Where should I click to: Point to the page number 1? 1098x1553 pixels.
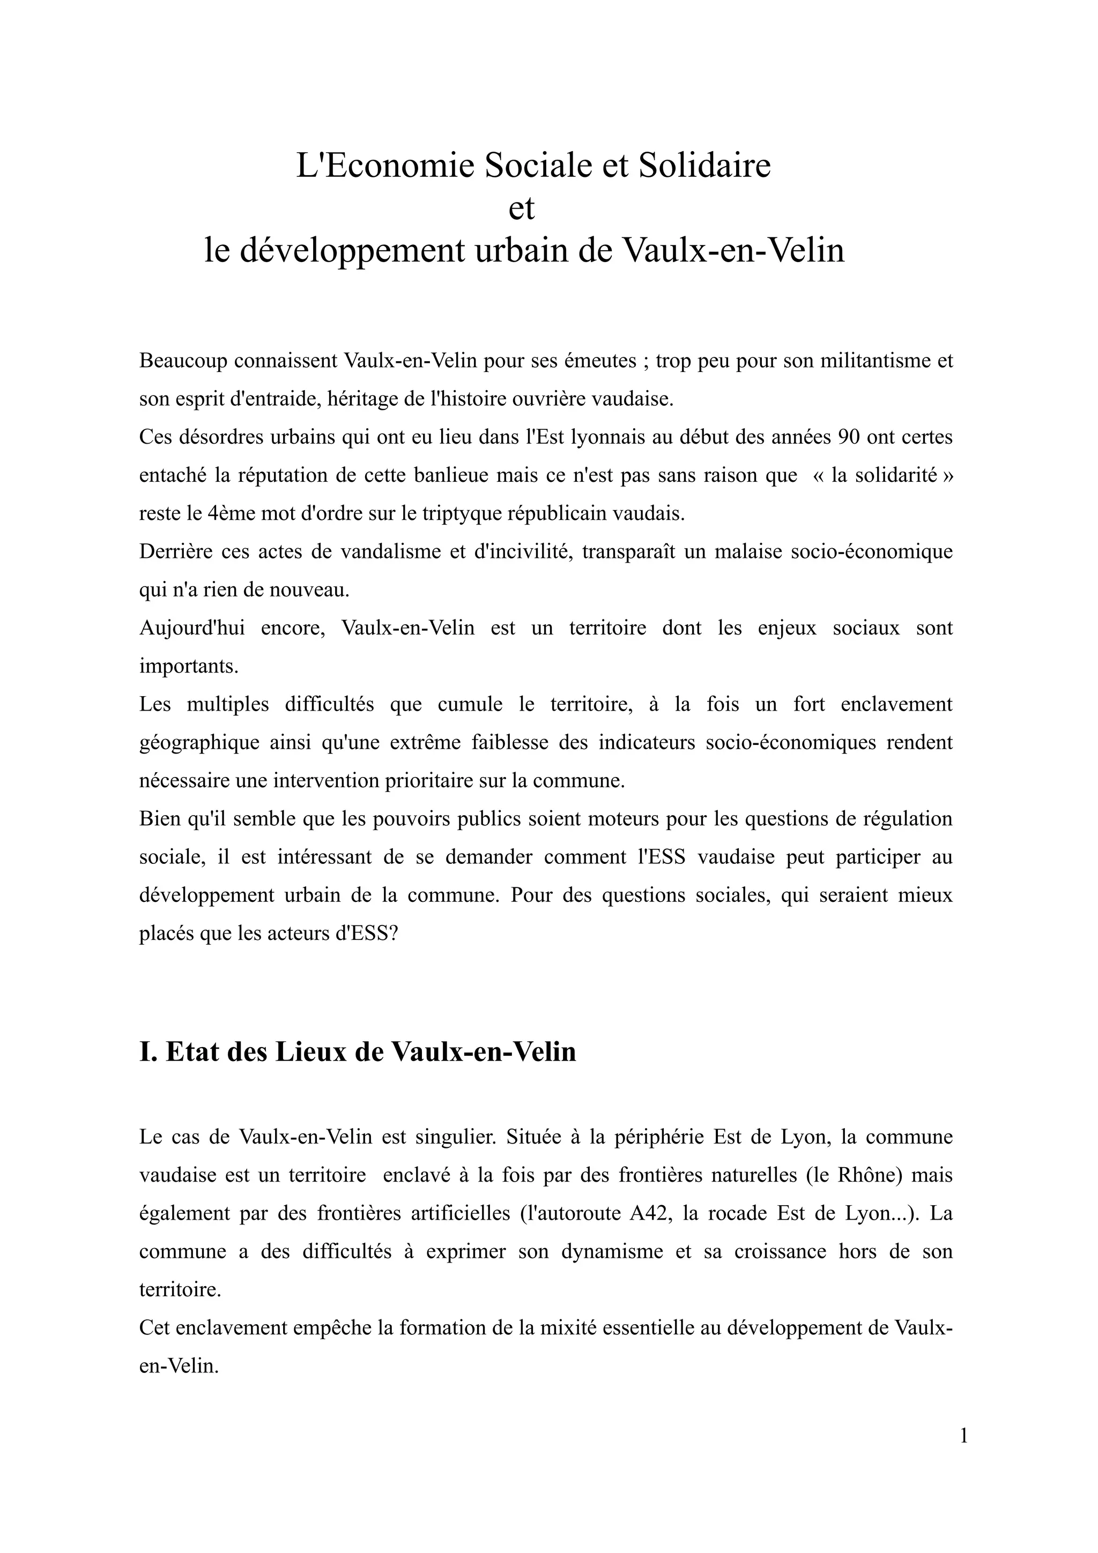click(x=963, y=1454)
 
